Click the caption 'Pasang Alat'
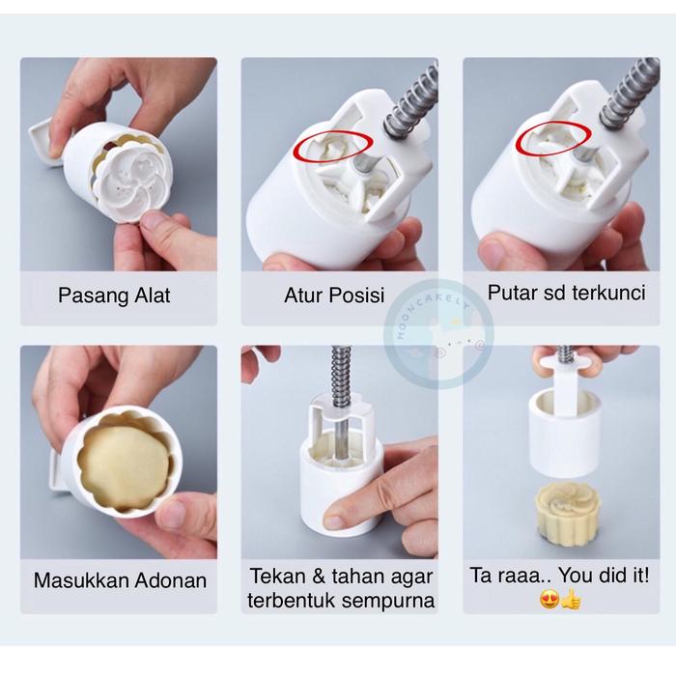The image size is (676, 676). [x=114, y=296]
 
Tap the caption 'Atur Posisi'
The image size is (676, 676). [x=334, y=296]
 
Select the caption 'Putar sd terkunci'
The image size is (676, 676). [x=566, y=294]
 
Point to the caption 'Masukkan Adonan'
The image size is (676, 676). [x=120, y=580]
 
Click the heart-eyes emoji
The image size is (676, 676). [x=549, y=600]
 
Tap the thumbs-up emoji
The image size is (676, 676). [x=571, y=600]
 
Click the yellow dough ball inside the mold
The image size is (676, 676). [x=126, y=465]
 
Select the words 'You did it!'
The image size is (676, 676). [x=604, y=576]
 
